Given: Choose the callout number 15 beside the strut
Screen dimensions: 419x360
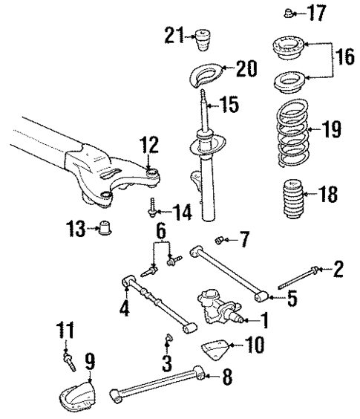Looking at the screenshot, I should (230, 105).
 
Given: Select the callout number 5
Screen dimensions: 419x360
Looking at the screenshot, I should (291, 299).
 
